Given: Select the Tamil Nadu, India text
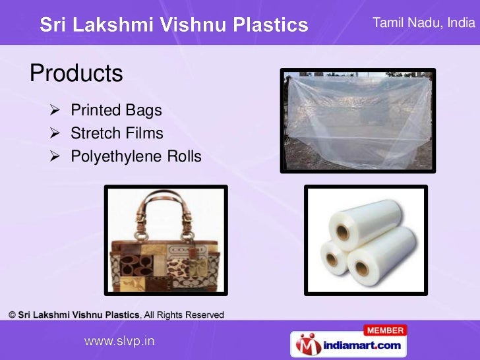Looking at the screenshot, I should click(423, 22).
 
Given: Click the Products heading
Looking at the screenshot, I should click(76, 73).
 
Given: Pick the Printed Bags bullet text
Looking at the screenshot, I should click(116, 109).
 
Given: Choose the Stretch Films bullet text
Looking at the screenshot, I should click(117, 134).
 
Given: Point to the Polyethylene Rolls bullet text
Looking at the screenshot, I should click(136, 158).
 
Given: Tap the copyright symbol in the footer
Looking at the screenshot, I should click(13, 315).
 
